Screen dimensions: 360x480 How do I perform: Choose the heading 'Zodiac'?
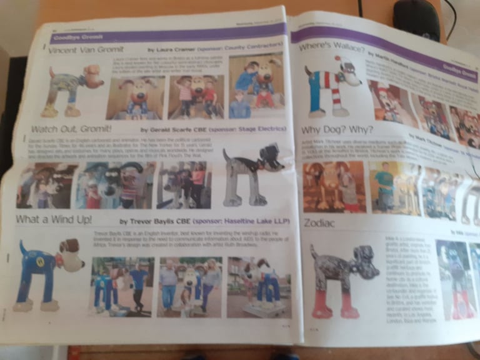pos(320,222)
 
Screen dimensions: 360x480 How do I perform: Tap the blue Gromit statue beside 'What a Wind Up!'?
pos(44,275)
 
